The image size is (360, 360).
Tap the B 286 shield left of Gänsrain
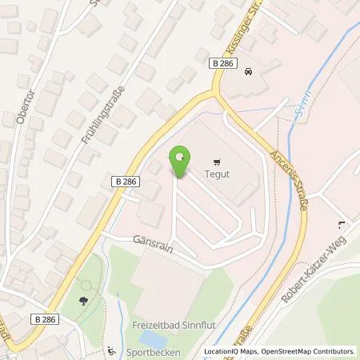(127, 181)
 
